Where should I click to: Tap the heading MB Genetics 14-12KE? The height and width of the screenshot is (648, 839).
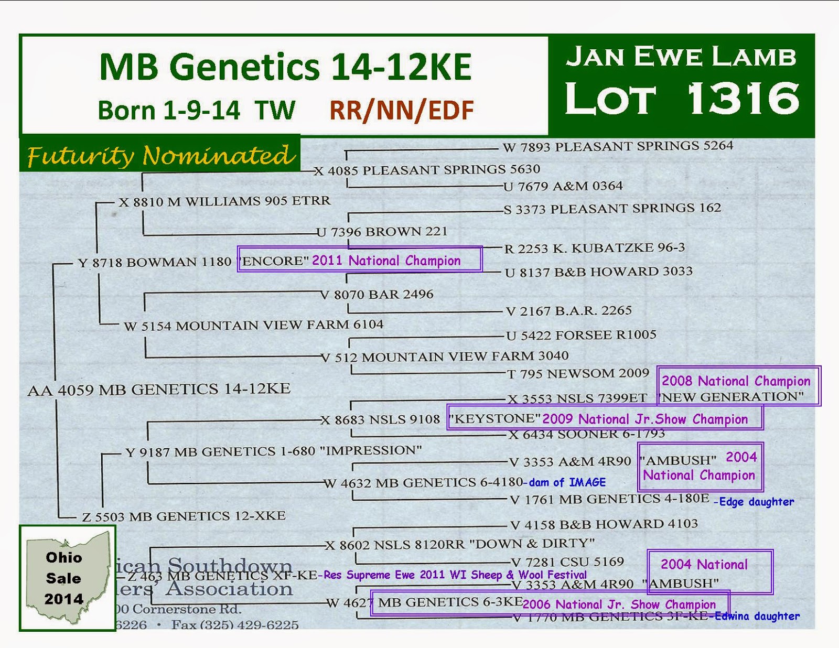[x=285, y=67]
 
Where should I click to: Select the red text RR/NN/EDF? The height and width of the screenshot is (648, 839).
[x=401, y=111]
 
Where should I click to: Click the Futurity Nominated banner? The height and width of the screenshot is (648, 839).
[x=160, y=155]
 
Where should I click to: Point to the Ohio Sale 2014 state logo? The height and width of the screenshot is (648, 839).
[x=67, y=578]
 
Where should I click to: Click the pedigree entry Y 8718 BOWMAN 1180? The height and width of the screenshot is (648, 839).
[x=155, y=262]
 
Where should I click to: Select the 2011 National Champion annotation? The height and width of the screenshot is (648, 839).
[x=386, y=261]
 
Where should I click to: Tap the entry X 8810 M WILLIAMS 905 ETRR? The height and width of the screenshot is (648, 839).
[x=224, y=201]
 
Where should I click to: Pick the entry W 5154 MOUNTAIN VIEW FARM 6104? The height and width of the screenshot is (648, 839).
[x=253, y=326]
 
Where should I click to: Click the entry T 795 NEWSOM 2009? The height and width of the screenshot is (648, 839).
[x=578, y=374]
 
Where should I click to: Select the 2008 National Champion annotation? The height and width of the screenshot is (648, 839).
[x=736, y=381]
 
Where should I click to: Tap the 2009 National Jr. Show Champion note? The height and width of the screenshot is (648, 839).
[x=644, y=419]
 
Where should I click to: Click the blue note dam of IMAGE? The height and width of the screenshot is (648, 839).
[x=567, y=482]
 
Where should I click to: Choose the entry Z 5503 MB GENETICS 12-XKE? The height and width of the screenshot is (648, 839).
[x=184, y=516]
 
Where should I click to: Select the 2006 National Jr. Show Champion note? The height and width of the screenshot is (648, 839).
[x=619, y=604]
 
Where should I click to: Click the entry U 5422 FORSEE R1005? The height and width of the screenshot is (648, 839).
[x=581, y=335]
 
